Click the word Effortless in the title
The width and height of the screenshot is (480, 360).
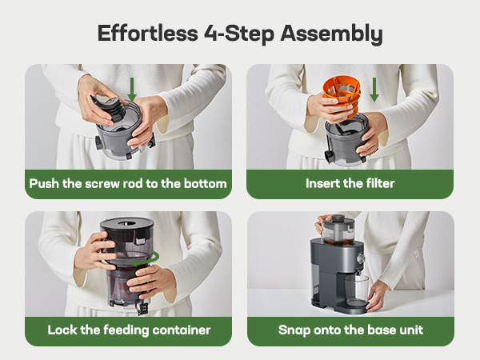click(148, 33)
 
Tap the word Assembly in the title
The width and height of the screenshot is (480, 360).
click(331, 34)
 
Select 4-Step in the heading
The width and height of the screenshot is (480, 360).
click(239, 34)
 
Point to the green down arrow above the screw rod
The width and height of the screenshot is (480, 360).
click(132, 89)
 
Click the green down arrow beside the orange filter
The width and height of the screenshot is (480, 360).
click(374, 90)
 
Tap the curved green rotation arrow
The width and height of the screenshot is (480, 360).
click(146, 259)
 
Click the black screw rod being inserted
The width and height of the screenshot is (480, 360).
click(110, 108)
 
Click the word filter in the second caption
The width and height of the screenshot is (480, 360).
click(380, 183)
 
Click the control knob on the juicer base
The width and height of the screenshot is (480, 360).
click(361, 258)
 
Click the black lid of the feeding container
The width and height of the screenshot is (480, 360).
click(126, 224)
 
